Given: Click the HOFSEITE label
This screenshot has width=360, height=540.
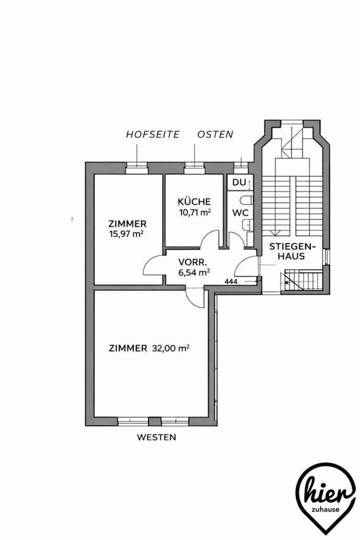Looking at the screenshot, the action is (x=153, y=134).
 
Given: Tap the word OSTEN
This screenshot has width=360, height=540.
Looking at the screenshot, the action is (x=215, y=134).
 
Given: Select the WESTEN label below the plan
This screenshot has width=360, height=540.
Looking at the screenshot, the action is (x=157, y=437).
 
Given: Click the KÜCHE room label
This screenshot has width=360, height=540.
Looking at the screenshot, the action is (x=194, y=201).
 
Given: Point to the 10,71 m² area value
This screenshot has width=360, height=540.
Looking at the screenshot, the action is (x=195, y=212).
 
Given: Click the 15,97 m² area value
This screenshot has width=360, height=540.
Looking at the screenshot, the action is (x=126, y=234).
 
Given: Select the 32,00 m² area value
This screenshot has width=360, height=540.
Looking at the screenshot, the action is (x=171, y=348).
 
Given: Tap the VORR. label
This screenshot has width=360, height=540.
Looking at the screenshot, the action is (x=193, y=262).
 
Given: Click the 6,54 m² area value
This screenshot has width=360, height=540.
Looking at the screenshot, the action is (x=194, y=273).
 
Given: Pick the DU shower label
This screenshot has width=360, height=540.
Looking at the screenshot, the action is (x=239, y=182).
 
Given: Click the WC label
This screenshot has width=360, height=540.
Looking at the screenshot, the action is (x=240, y=213).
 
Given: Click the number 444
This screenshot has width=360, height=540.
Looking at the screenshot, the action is (x=231, y=281).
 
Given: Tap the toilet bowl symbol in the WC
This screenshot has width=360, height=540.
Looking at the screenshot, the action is (x=248, y=200).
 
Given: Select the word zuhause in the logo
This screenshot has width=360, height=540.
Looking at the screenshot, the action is (x=325, y=510).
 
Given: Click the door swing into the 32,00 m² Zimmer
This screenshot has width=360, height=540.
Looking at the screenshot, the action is (x=196, y=297).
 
